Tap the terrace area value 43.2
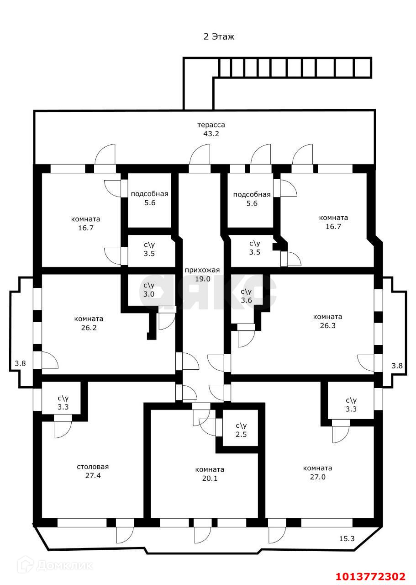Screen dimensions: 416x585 point(211,133)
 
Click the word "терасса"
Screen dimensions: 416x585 point(211,125)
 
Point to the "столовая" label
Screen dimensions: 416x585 point(93,467)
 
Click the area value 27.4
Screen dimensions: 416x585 point(93,475)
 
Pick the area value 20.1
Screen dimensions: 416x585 point(210,478)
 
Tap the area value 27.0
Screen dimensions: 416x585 point(318,477)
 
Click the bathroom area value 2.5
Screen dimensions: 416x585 point(241,434)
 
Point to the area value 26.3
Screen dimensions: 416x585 point(327,325)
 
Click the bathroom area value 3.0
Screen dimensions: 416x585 point(149,294)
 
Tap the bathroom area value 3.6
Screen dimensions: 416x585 point(246,300)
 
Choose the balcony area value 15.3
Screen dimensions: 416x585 point(346,538)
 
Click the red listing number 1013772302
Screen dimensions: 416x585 point(370,576)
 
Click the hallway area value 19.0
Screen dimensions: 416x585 point(202,278)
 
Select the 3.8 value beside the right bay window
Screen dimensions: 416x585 point(398,365)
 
